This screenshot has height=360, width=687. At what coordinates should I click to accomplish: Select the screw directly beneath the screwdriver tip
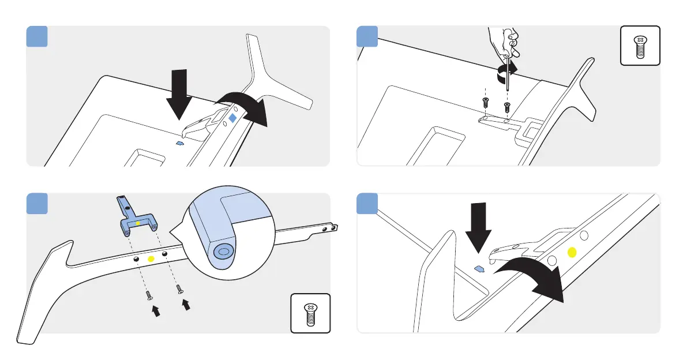507,107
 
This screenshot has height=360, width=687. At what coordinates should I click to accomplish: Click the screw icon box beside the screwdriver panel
639,46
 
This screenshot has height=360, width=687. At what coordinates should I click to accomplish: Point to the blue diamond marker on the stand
232,118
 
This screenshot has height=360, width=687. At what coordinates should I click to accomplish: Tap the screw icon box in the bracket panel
310,313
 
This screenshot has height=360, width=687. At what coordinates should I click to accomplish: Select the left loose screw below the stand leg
149,295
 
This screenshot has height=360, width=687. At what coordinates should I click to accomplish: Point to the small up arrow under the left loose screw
155,312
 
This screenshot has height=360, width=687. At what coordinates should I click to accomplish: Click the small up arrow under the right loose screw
186,305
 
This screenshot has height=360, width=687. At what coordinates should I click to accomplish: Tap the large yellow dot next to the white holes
572,252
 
